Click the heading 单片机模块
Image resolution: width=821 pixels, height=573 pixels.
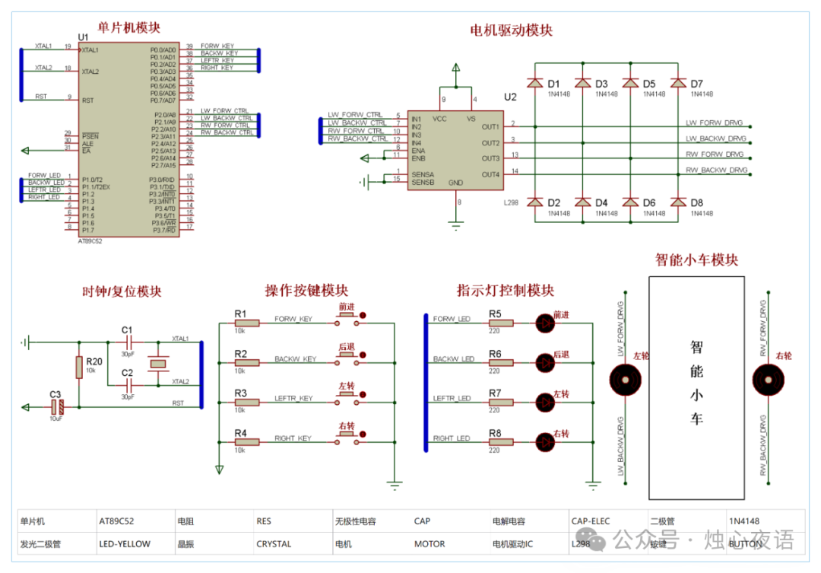129,27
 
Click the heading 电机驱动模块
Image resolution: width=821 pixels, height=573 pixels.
511,30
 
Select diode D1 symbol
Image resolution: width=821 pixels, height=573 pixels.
535,82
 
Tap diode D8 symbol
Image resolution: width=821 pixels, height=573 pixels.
677,202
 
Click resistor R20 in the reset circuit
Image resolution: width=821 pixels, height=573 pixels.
79,368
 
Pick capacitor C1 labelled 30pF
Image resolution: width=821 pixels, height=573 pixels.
127,342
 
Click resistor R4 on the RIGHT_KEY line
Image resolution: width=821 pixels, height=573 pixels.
247,443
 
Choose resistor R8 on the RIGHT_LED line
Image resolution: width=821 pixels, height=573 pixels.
501,443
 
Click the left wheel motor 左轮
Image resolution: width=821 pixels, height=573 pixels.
626,378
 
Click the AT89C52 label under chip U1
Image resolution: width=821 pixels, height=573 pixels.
90,240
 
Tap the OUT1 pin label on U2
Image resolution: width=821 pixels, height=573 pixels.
490,126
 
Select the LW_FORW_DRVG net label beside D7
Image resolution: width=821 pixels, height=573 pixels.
715,123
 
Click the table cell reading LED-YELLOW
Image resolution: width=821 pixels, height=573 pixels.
125,544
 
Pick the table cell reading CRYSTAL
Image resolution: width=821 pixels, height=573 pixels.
274,544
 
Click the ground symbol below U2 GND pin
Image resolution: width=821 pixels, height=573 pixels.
455,225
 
